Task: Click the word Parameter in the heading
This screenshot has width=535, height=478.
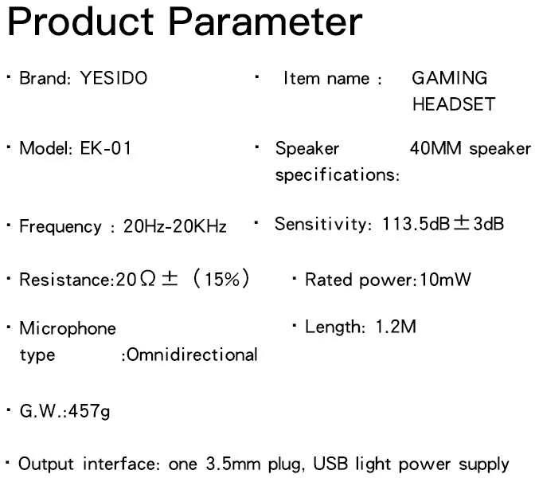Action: click(265, 22)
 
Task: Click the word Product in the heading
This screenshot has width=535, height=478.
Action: click(80, 22)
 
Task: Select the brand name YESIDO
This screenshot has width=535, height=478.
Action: click(114, 78)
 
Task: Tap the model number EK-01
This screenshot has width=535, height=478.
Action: click(106, 148)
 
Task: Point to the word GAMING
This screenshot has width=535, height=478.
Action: click(450, 78)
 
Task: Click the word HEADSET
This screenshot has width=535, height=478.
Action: click(454, 104)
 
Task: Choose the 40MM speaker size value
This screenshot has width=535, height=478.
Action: click(435, 148)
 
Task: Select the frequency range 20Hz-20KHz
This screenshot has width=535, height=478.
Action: click(175, 226)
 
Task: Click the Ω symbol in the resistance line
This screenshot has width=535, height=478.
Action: click(147, 279)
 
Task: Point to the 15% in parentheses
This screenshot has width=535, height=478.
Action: click(222, 280)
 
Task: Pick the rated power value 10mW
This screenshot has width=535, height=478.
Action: click(445, 280)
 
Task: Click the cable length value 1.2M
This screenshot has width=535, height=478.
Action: click(396, 327)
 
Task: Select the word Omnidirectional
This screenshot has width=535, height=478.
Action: click(192, 355)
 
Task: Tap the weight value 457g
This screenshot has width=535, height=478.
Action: click(89, 411)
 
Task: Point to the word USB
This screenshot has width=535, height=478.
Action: click(330, 464)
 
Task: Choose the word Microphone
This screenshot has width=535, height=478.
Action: click(68, 328)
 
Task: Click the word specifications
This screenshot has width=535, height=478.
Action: click(336, 175)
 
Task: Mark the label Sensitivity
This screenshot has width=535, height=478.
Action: click(321, 225)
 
